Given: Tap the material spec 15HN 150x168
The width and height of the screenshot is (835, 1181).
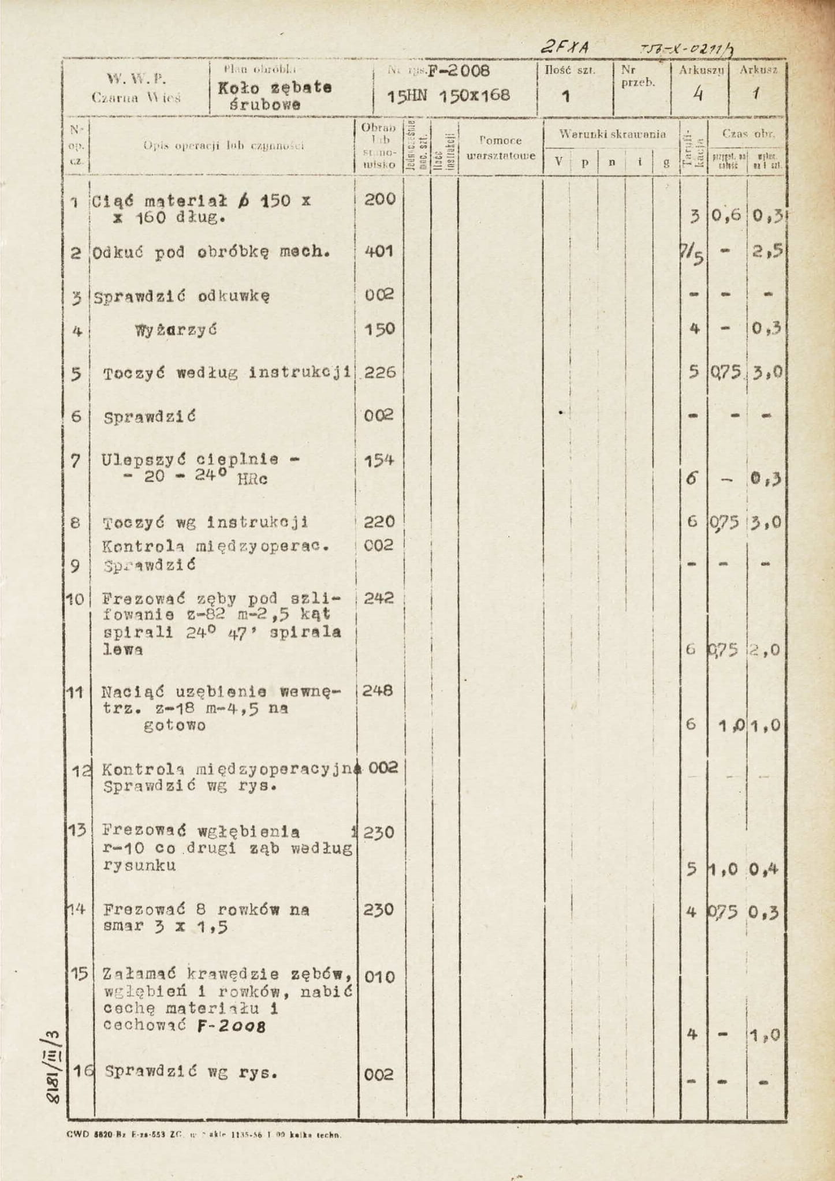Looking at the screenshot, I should coord(449,95).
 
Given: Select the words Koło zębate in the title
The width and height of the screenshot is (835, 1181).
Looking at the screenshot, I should coord(274,88).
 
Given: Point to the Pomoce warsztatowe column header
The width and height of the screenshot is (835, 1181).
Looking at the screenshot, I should coord(501,148).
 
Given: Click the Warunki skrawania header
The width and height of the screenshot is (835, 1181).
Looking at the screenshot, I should coord(612,134).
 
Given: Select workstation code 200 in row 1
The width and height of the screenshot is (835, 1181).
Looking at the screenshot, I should coord(379,200).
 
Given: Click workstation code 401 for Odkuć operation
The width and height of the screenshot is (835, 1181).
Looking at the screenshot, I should coord(379,251).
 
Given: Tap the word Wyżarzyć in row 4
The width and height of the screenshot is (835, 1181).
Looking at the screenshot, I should coord(176,330).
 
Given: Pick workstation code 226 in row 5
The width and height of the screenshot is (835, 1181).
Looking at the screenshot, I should coord(379,372).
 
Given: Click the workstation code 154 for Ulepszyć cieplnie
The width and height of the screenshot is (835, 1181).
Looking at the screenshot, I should coord(379,461).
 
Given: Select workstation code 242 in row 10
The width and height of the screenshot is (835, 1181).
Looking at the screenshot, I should coord(379,598).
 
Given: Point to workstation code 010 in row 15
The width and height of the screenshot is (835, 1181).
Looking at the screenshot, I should coord(379,977).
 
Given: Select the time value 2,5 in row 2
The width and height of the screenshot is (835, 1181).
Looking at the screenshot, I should coord(767,251).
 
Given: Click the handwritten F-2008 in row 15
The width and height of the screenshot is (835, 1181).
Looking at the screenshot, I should coord(231,1027).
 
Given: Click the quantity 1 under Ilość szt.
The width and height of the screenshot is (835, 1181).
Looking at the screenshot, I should coord(566,96).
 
